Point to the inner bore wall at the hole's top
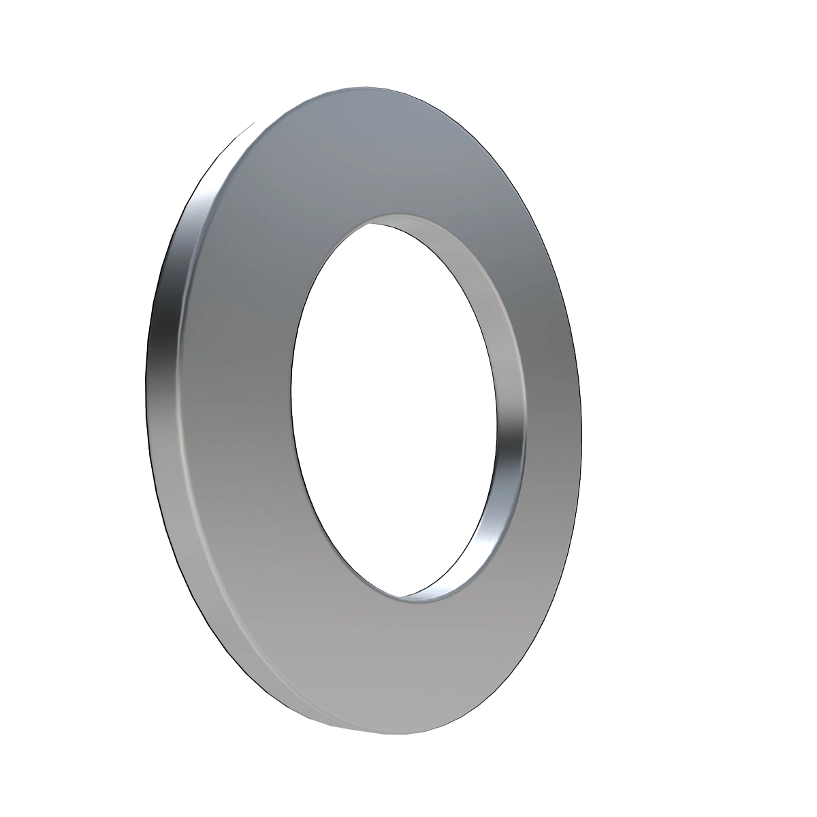click(415, 222)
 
